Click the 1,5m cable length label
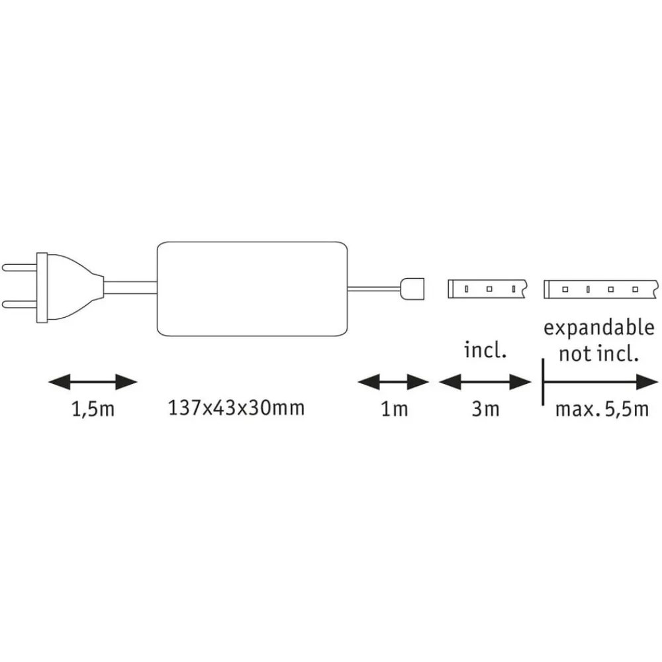click(93, 409)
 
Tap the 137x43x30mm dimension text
click(236, 408)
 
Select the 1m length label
click(395, 408)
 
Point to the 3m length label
click(485, 408)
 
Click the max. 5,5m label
click(602, 409)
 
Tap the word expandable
click(598, 328)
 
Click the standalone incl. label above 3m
click(485, 350)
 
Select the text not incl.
click(598, 354)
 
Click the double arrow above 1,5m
click(93, 382)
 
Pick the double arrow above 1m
click(393, 382)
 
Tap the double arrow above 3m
click(485, 382)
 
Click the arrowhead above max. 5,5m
click(647, 382)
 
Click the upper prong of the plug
click(19, 267)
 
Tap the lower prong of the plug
click(19, 305)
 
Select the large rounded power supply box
click(252, 289)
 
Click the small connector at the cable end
click(412, 289)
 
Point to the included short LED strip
click(487, 289)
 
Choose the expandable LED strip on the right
click(601, 289)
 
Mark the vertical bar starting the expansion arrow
click(543, 382)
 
